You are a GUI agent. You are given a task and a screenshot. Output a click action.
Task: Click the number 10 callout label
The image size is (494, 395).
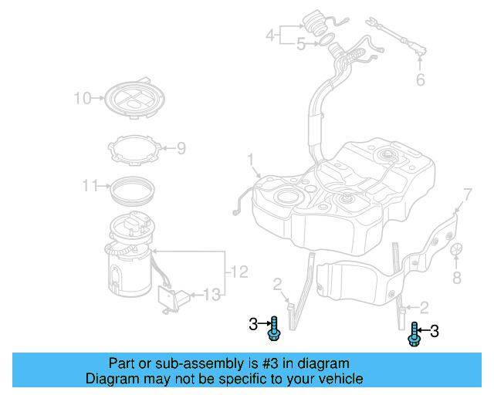pyautogui.click(x=82, y=98)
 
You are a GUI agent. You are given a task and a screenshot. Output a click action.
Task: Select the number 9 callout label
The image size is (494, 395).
pyautogui.click(x=181, y=147)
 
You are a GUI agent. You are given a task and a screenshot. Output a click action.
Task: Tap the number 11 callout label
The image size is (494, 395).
pyautogui.click(x=90, y=185)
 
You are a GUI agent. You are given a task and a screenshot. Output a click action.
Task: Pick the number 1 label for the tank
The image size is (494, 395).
pyautogui.click(x=250, y=160)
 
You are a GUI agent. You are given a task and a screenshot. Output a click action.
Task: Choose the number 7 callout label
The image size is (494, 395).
pyautogui.click(x=466, y=193)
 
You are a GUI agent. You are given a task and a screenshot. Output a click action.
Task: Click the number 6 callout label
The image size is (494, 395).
pyautogui.click(x=420, y=79)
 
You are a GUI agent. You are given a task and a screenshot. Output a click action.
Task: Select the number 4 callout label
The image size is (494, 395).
pyautogui.click(x=270, y=35)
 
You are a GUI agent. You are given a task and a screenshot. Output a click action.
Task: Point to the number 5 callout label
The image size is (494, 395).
pyautogui.click(x=300, y=45)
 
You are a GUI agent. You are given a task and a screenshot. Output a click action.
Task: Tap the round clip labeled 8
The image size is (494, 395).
pyautogui.click(x=456, y=251)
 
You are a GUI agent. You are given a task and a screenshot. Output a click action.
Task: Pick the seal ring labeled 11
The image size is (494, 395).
pyautogui.click(x=134, y=187)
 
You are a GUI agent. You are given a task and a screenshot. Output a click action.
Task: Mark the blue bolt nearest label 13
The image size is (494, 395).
pyautogui.click(x=273, y=329)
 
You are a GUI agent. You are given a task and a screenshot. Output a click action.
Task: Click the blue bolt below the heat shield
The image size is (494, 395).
pyautogui.click(x=414, y=333)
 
